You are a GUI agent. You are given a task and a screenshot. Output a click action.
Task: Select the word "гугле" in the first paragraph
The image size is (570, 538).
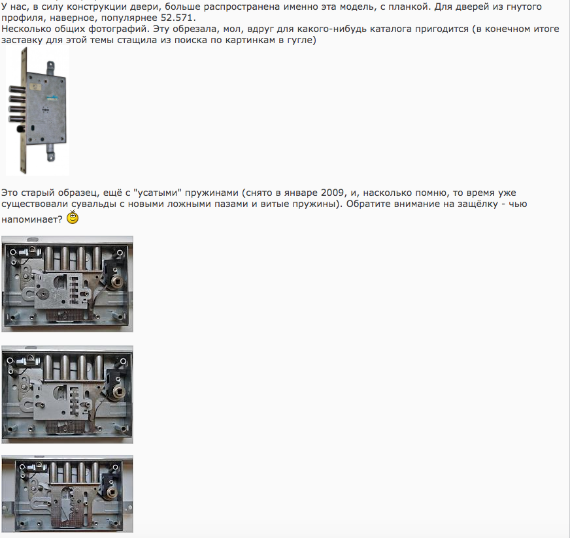click(300, 40)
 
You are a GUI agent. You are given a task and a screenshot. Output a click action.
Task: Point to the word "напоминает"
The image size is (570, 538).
click(32, 219)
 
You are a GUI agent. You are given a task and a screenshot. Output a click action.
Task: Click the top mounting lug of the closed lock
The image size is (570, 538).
click(50, 67)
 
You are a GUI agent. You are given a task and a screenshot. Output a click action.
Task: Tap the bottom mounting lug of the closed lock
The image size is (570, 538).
click(50, 153)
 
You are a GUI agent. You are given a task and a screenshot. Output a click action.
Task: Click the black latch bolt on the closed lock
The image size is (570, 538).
click(20, 129)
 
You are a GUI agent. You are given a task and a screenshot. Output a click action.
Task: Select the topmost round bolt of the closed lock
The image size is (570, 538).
click(17, 89)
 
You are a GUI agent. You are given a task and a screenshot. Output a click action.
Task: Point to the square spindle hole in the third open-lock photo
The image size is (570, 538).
click(110, 492)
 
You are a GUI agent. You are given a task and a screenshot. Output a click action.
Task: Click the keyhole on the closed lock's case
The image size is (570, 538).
click(33, 128)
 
